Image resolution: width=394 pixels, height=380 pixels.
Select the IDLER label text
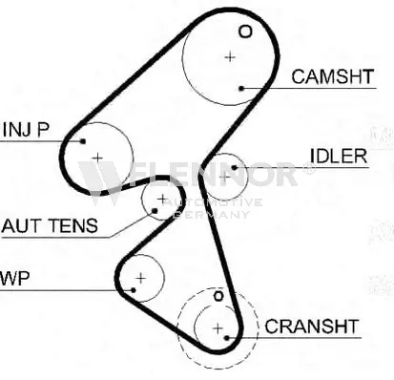[337, 157]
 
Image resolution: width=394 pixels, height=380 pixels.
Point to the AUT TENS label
[49, 226]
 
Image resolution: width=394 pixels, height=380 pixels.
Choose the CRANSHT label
[312, 327]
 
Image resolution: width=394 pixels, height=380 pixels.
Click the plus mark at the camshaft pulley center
[230, 56]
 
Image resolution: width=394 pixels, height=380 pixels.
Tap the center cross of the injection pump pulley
[96, 156]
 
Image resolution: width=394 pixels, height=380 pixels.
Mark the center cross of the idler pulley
[224, 176]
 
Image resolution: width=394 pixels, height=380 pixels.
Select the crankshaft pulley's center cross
[218, 328]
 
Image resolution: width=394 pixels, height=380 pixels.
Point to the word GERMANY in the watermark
[215, 215]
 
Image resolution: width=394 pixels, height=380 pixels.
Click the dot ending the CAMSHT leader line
[243, 88]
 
